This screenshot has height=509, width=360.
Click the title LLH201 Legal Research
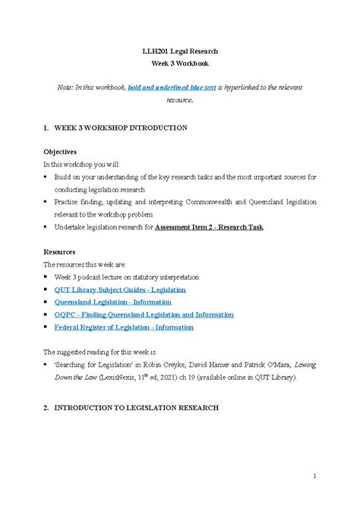[180, 51]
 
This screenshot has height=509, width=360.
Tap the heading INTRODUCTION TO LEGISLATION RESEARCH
[137, 408]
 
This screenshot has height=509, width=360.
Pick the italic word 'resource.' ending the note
[180, 100]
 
